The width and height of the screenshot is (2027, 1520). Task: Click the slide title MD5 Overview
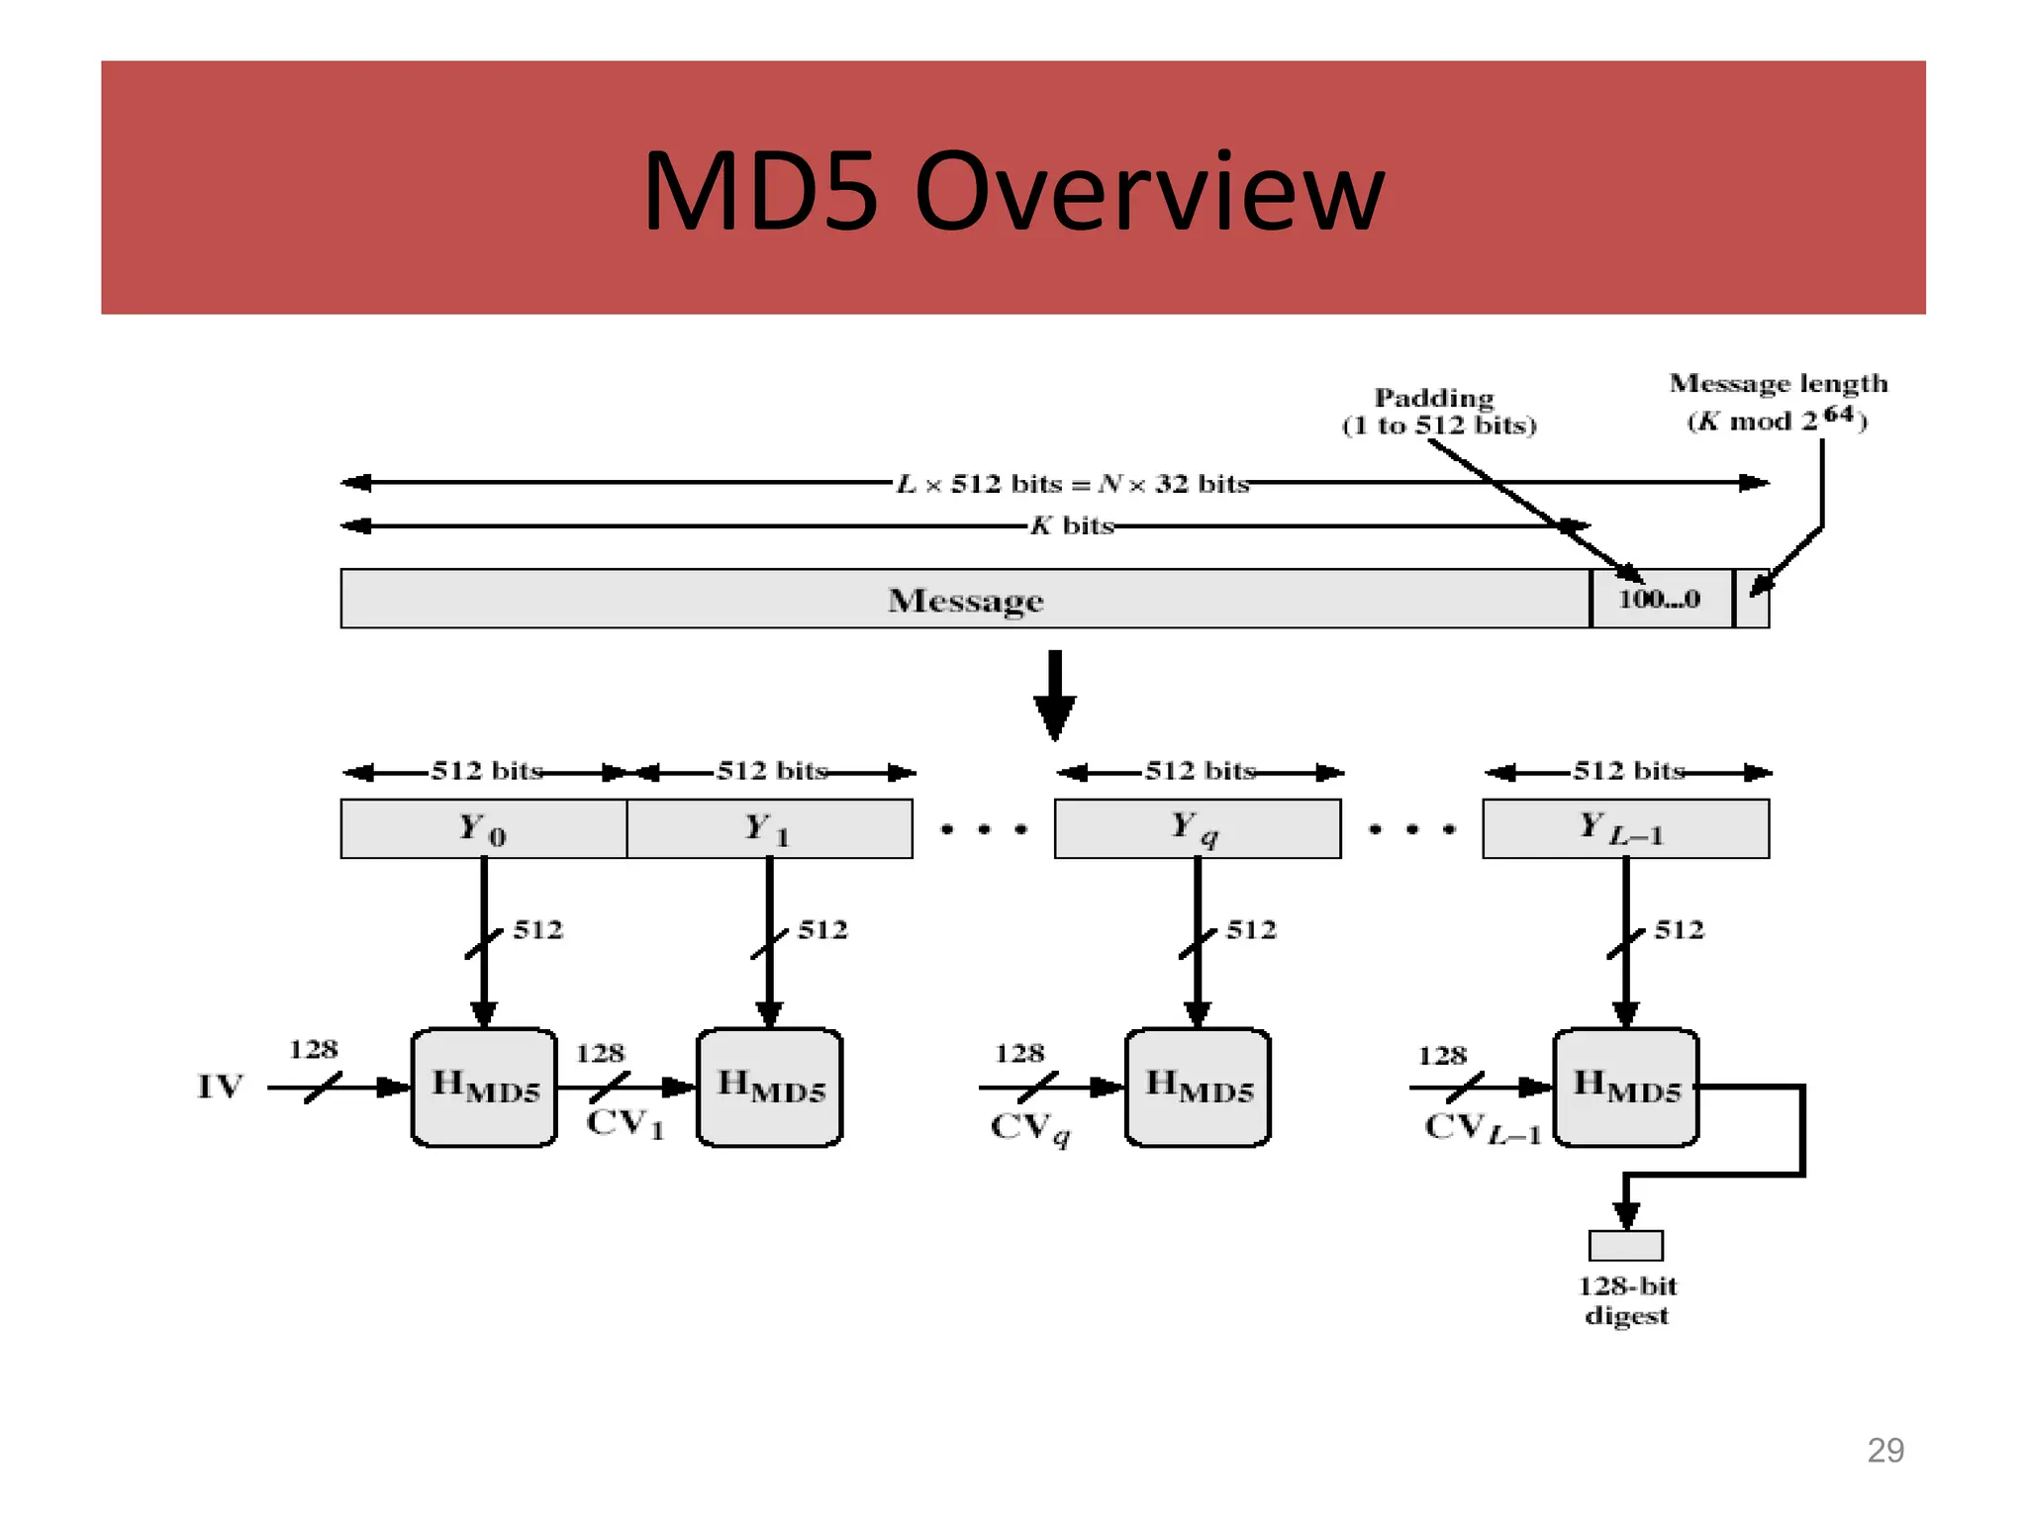pos(1013,191)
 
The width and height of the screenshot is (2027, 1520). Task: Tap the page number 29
pos(1884,1451)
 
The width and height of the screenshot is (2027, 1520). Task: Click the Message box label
pos(965,600)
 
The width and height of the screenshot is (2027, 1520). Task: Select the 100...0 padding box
pos(1660,599)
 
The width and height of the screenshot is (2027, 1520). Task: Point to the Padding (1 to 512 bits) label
pos(1438,412)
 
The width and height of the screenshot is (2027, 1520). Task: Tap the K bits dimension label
pos(1072,525)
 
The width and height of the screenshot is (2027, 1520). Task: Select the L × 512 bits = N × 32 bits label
pos(1072,484)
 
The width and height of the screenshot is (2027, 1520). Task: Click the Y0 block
pos(483,828)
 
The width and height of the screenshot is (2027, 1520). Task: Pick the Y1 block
pos(769,828)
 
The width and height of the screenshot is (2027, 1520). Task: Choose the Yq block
pos(1197,828)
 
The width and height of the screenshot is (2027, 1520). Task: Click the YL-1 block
pos(1624,828)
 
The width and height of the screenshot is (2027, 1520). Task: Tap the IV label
pos(220,1087)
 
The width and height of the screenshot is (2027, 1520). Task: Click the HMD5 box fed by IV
pos(484,1088)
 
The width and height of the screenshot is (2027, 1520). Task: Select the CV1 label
pos(625,1124)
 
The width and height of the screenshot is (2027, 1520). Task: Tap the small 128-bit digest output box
pos(1625,1245)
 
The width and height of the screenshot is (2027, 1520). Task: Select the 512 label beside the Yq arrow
pos(1250,929)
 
